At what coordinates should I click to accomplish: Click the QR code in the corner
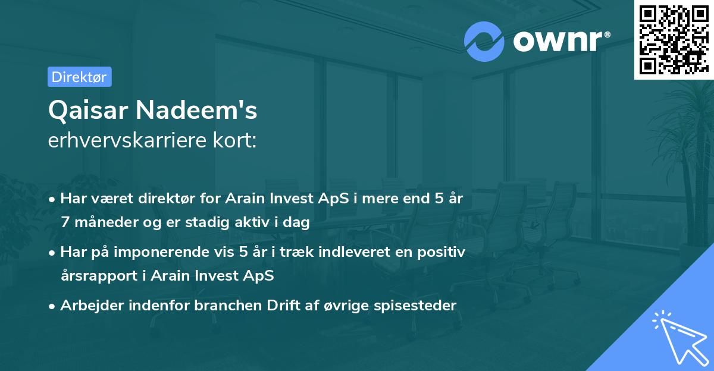(x=674, y=39)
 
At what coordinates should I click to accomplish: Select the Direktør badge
(x=79, y=77)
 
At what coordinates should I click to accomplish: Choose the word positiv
(x=443, y=252)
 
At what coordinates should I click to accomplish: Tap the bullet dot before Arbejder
(x=52, y=306)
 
